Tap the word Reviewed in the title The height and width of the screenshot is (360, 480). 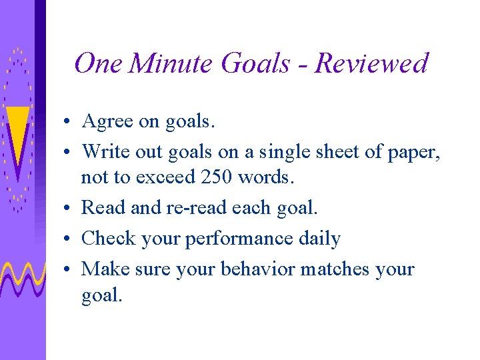click(x=371, y=63)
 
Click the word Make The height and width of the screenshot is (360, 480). click(x=106, y=269)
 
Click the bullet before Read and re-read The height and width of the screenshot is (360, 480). click(x=69, y=209)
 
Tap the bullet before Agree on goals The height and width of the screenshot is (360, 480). click(x=69, y=123)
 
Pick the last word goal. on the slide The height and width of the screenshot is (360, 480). click(x=102, y=295)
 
